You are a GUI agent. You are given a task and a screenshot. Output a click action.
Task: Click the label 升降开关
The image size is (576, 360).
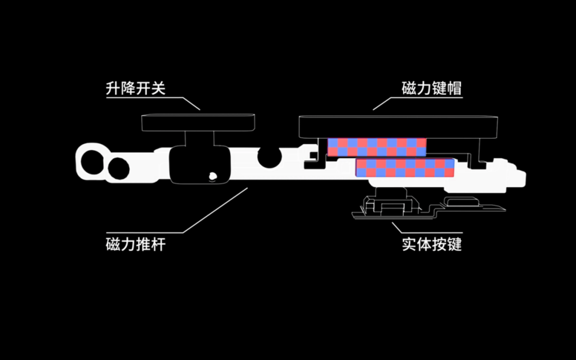pos(135,89)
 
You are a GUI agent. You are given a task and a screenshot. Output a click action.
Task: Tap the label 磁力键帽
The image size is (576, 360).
pos(431,89)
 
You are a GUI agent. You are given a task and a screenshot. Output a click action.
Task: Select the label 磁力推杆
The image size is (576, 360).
pos(135,244)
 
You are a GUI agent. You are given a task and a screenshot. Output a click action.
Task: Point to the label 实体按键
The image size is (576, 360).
pos(431,244)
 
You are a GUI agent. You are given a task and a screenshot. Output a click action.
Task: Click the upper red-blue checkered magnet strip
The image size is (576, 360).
pos(377,147)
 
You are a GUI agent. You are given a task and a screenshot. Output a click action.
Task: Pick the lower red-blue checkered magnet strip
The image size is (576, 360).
pos(405,168)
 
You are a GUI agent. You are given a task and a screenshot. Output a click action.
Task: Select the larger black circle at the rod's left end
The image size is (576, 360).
pos(93,162)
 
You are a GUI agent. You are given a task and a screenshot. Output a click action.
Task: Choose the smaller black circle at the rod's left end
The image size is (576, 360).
pos(119,168)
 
